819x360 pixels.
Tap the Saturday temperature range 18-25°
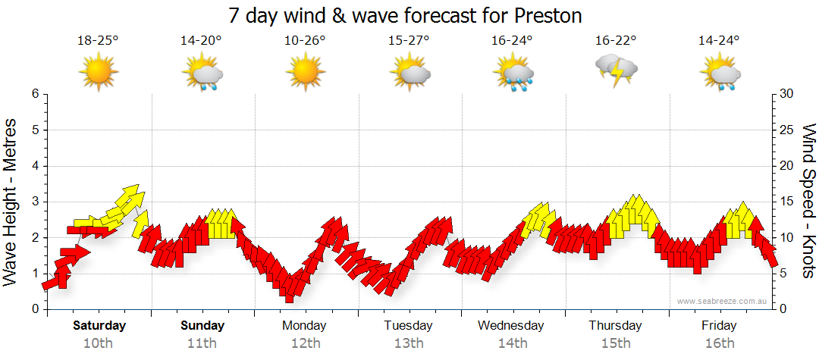tap(99, 41)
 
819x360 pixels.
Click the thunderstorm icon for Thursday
tap(617, 70)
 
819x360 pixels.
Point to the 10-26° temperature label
tap(306, 41)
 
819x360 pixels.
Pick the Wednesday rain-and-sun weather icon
tap(513, 74)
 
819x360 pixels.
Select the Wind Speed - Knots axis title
tap(808, 202)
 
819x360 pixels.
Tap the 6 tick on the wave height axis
tap(34, 94)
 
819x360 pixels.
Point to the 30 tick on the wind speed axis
tap(787, 94)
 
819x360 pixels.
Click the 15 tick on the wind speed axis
tap(787, 202)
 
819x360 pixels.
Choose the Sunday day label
tap(202, 326)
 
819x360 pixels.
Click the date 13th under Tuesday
tap(409, 343)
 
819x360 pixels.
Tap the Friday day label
tap(719, 326)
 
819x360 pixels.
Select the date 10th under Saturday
tap(99, 343)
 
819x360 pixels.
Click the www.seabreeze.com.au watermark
tap(723, 302)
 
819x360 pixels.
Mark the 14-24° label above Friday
tap(719, 41)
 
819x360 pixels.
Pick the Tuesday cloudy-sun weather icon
tap(409, 74)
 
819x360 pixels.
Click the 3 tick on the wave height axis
tap(34, 202)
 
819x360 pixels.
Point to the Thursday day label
tap(615, 326)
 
